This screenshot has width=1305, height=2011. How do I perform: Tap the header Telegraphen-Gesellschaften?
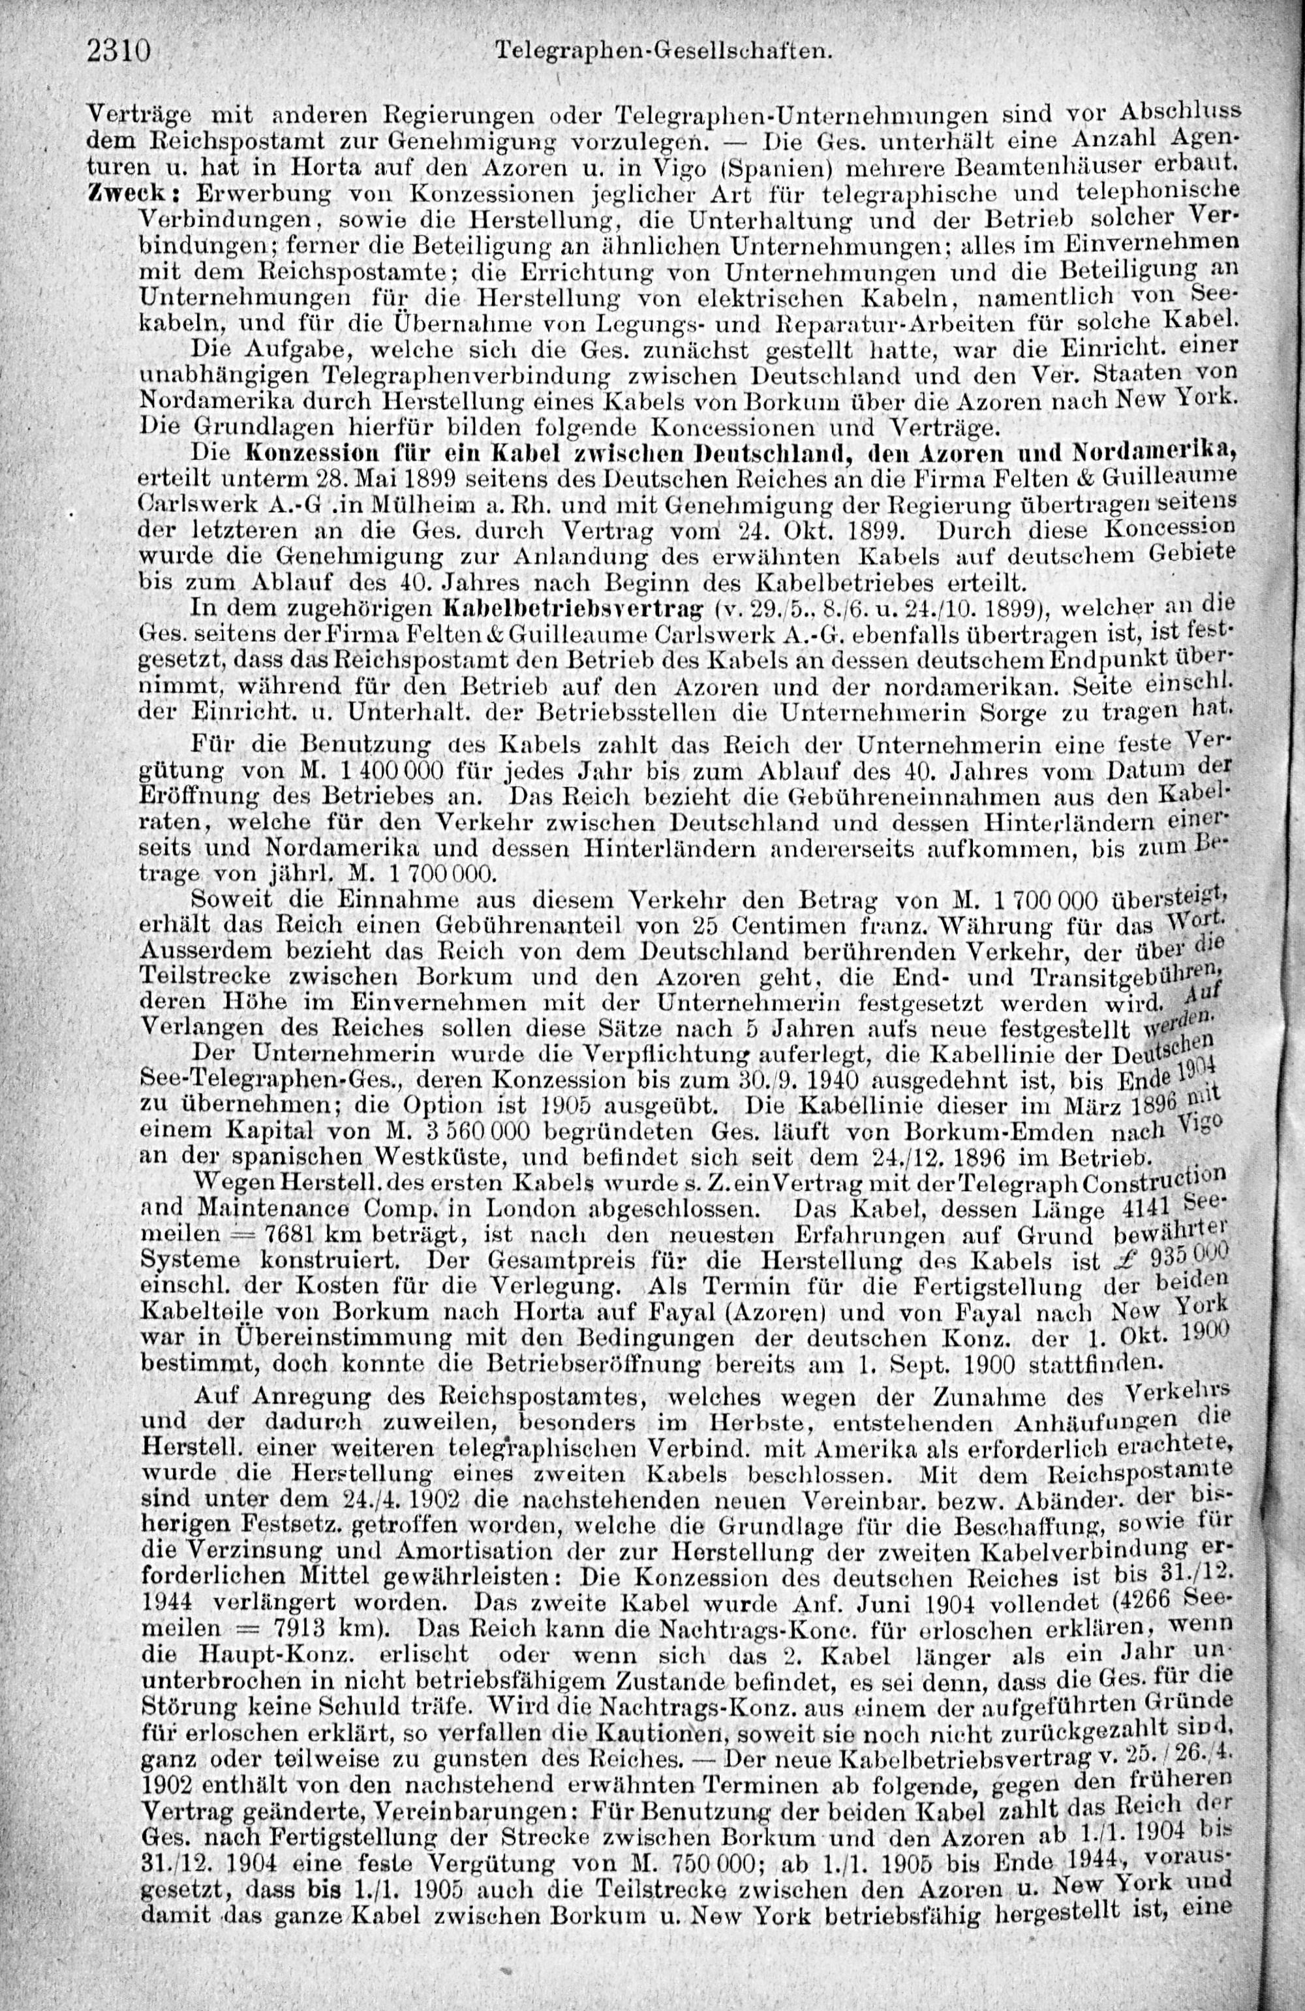click(x=662, y=52)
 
